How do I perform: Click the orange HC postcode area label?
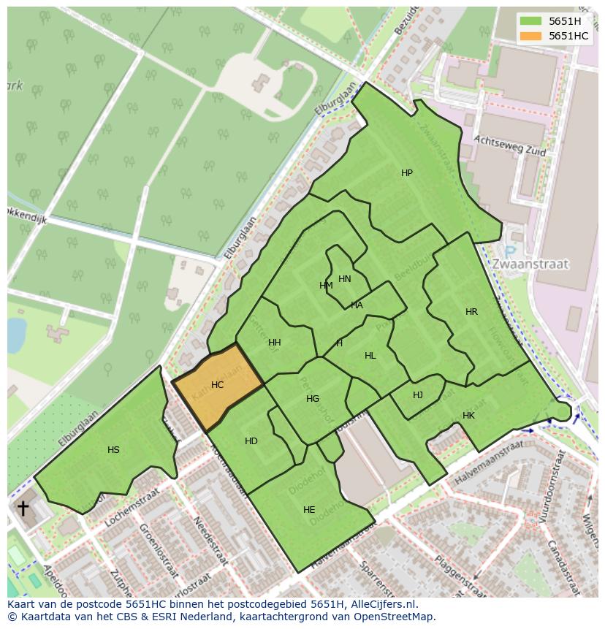(217, 384)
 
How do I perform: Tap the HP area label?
(407, 173)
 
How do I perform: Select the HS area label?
(113, 450)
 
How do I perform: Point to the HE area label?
(309, 510)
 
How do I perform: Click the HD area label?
(251, 441)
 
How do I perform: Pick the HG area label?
(313, 399)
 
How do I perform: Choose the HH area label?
(275, 343)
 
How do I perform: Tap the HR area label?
(471, 312)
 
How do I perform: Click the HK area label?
(468, 416)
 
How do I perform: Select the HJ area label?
(418, 395)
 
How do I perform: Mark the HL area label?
(370, 356)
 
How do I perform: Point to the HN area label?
(345, 279)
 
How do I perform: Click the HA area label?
(357, 305)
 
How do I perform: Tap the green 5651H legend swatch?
(530, 20)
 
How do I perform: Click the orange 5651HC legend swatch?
(530, 36)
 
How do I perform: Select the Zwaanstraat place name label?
(530, 264)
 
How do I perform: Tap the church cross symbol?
(23, 508)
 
